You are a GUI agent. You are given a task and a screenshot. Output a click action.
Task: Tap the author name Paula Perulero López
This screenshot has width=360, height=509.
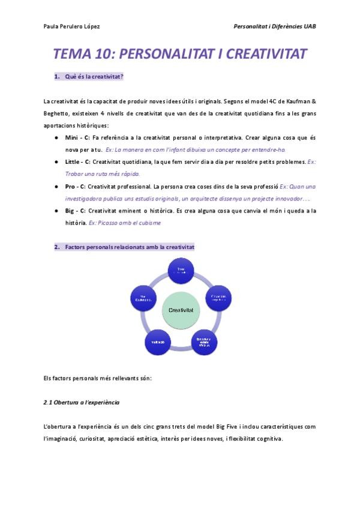coord(72,26)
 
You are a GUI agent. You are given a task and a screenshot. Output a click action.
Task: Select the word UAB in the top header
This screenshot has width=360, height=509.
coord(310,26)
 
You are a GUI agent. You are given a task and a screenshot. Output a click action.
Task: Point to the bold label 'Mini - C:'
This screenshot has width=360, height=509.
coord(77,137)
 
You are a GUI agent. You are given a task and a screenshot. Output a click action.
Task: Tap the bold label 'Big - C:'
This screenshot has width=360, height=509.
coord(76,211)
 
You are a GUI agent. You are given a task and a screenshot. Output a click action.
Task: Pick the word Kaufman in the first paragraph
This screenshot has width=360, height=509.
coord(296,101)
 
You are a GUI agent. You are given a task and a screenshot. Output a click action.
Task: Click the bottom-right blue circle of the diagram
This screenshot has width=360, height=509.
coord(204,340)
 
